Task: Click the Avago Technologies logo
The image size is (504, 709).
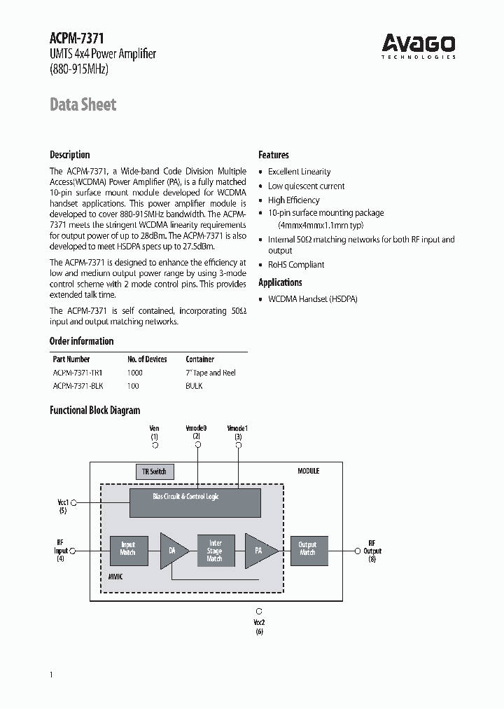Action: (x=419, y=46)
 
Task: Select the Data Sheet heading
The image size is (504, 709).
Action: (x=83, y=105)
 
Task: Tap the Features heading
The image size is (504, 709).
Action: (x=274, y=155)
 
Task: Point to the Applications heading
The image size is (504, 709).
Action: (x=280, y=282)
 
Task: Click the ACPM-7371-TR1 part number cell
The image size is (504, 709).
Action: (x=78, y=373)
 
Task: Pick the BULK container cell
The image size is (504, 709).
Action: (x=194, y=386)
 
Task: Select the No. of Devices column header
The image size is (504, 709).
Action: (x=147, y=359)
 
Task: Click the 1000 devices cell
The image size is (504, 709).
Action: (x=135, y=373)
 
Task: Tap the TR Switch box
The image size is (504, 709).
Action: (x=154, y=471)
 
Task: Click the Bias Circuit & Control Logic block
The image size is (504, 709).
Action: (x=195, y=496)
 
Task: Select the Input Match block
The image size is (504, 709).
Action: (x=127, y=549)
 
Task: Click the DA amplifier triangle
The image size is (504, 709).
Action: (x=173, y=551)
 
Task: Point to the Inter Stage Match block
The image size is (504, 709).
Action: (x=215, y=551)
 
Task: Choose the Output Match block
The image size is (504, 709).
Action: (x=307, y=549)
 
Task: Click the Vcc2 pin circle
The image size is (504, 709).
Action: (x=260, y=611)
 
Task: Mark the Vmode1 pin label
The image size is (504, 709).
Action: (x=238, y=428)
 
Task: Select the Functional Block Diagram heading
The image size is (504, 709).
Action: (x=94, y=411)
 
